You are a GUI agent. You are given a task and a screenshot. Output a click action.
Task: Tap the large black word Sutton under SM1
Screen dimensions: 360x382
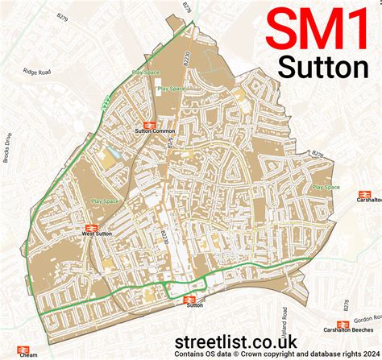click(x=322, y=67)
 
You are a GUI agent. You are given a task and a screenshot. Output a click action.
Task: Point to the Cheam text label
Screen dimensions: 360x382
click(x=28, y=354)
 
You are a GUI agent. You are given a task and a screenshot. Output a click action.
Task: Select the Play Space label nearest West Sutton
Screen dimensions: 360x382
click(x=104, y=201)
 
